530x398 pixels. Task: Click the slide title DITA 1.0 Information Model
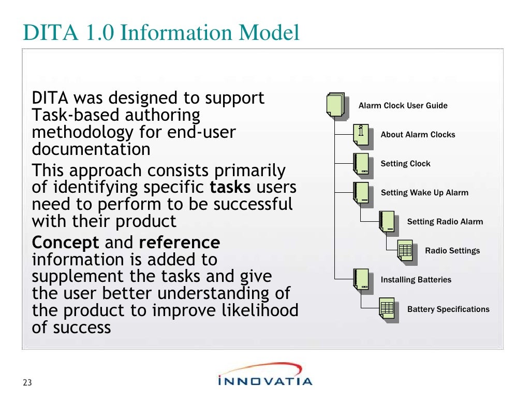(161, 32)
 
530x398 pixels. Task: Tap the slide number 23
(27, 383)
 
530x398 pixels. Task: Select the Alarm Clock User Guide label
(403, 106)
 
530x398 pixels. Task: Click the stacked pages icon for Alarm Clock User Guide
(335, 105)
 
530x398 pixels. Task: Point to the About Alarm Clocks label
(418, 135)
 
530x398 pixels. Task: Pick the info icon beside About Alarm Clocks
(361, 135)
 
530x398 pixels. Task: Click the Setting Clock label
(405, 164)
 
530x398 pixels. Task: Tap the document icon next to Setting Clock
(361, 164)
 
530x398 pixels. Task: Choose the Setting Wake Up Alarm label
(424, 193)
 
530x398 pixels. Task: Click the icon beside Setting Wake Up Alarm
(361, 193)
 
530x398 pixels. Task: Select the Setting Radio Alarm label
(445, 222)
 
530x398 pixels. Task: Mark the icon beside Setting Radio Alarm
(387, 222)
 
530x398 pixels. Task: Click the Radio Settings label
(452, 251)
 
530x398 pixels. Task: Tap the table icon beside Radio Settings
(405, 251)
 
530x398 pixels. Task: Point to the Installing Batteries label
(416, 280)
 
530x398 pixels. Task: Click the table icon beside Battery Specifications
(387, 309)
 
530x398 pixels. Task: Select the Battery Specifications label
(448, 309)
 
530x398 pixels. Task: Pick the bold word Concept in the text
(65, 243)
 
